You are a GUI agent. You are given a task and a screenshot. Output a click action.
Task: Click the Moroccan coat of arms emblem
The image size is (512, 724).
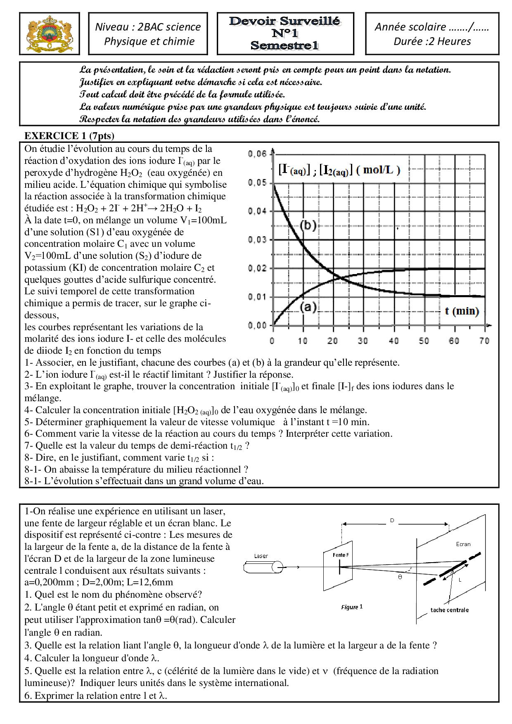pyautogui.click(x=49, y=33)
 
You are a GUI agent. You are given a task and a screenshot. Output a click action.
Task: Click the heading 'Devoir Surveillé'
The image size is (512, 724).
pyautogui.click(x=285, y=21)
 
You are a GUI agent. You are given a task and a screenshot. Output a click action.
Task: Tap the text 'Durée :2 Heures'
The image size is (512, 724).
pyautogui.click(x=432, y=41)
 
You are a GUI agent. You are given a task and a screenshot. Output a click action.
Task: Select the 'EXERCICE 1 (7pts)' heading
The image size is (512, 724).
pyautogui.click(x=69, y=136)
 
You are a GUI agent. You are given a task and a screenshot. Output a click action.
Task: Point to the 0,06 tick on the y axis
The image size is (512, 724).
pyautogui.click(x=257, y=154)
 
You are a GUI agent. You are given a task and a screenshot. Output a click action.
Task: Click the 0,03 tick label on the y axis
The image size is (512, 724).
pyautogui.click(x=257, y=240)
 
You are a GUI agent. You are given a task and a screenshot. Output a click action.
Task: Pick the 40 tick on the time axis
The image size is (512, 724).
pyautogui.click(x=393, y=341)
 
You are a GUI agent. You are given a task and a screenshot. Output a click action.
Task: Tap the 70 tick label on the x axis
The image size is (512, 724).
pyautogui.click(x=484, y=341)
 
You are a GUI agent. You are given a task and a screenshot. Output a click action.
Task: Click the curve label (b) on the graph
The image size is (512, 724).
pyautogui.click(x=308, y=225)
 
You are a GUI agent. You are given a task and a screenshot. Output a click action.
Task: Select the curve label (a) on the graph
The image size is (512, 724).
pyautogui.click(x=308, y=307)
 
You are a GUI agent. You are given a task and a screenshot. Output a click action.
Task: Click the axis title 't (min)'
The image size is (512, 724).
pyautogui.click(x=462, y=311)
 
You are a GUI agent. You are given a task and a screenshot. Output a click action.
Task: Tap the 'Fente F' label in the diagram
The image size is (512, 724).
pyautogui.click(x=341, y=555)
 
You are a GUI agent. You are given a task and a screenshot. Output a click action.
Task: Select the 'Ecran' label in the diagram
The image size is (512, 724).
pyautogui.click(x=463, y=544)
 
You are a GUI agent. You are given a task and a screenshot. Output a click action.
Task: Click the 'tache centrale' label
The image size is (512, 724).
pyautogui.click(x=449, y=610)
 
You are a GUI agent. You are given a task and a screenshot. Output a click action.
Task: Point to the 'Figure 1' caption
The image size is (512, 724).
pyautogui.click(x=352, y=607)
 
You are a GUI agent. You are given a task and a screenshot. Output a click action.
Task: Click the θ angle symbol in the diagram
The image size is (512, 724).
pyautogui.click(x=400, y=577)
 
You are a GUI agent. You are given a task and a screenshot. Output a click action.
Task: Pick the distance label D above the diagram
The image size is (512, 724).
pyautogui.click(x=392, y=521)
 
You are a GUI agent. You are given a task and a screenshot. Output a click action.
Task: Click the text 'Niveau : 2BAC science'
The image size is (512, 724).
pyautogui.click(x=148, y=27)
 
